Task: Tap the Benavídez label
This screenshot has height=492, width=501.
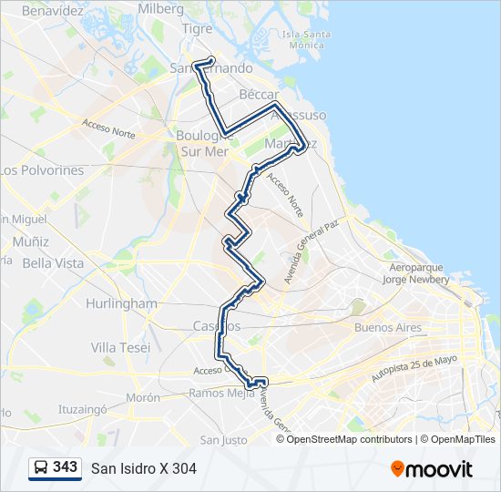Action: point(52,11)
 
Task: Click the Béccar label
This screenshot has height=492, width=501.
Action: point(259,94)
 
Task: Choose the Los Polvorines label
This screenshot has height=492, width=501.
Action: point(42,170)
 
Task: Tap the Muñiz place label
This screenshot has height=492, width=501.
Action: point(31,241)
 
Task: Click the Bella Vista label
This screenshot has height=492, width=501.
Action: point(53,263)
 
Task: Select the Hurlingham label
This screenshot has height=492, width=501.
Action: point(121,303)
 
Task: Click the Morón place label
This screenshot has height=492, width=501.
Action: point(143,397)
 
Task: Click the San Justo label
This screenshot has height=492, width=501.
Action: point(223,440)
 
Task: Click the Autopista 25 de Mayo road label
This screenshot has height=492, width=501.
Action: point(414,368)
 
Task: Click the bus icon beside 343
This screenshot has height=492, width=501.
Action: point(40,467)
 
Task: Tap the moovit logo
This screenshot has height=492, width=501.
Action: point(432,468)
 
